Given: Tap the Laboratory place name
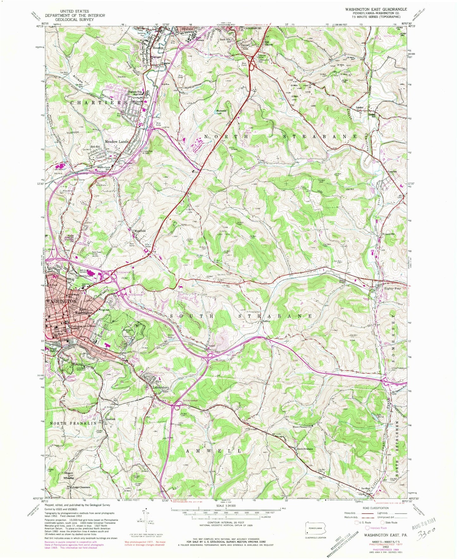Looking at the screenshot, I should pos(161,387).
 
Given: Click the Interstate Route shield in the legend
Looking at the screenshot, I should pos(367,528).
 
